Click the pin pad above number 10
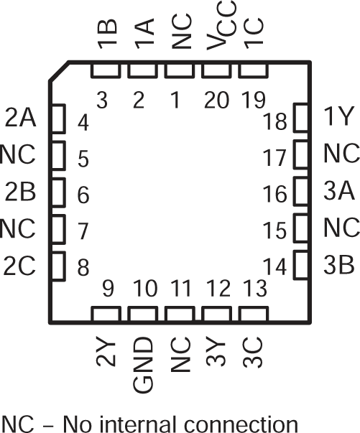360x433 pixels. pyautogui.click(x=141, y=314)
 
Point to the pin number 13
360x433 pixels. pyautogui.click(x=252, y=289)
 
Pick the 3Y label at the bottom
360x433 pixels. pyautogui.click(x=216, y=355)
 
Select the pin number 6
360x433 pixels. pyautogui.click(x=83, y=195)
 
